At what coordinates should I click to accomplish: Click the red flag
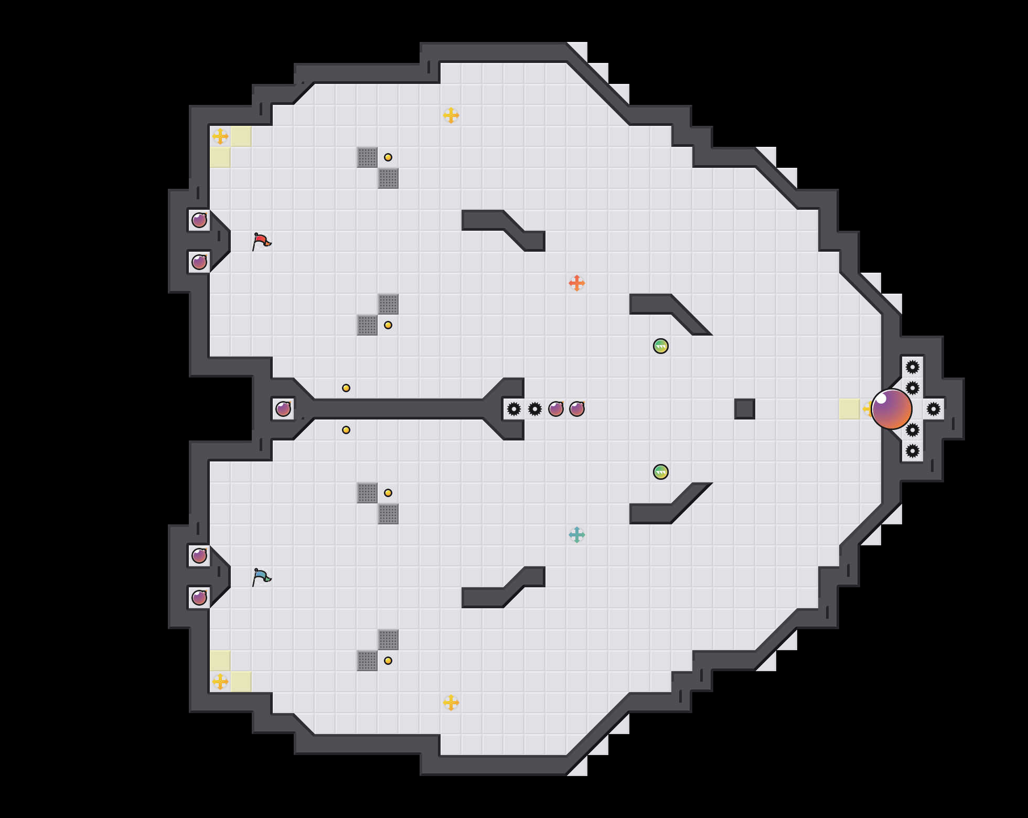(261, 241)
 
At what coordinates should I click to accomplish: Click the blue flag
(261, 577)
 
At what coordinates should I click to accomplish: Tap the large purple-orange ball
(891, 409)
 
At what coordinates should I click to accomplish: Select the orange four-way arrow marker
(577, 283)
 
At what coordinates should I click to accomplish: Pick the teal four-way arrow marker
(577, 535)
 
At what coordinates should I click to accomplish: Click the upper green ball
(661, 346)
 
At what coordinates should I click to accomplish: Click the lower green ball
(661, 472)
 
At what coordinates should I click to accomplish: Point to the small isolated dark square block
(745, 409)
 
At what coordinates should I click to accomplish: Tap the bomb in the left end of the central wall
(283, 409)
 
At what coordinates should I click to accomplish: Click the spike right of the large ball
(934, 409)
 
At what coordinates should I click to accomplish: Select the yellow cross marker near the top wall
(451, 115)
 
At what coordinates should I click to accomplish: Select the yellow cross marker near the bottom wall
(451, 703)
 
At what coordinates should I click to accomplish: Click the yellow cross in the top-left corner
(220, 136)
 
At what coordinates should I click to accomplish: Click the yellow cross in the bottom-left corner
(220, 682)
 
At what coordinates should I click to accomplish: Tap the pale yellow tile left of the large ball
(849, 409)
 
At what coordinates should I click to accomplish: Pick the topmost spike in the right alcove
(913, 367)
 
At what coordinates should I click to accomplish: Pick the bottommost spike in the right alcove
(913, 451)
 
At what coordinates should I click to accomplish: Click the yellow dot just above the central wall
(346, 388)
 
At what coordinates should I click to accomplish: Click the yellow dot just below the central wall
(346, 430)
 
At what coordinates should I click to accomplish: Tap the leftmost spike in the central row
(514, 409)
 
